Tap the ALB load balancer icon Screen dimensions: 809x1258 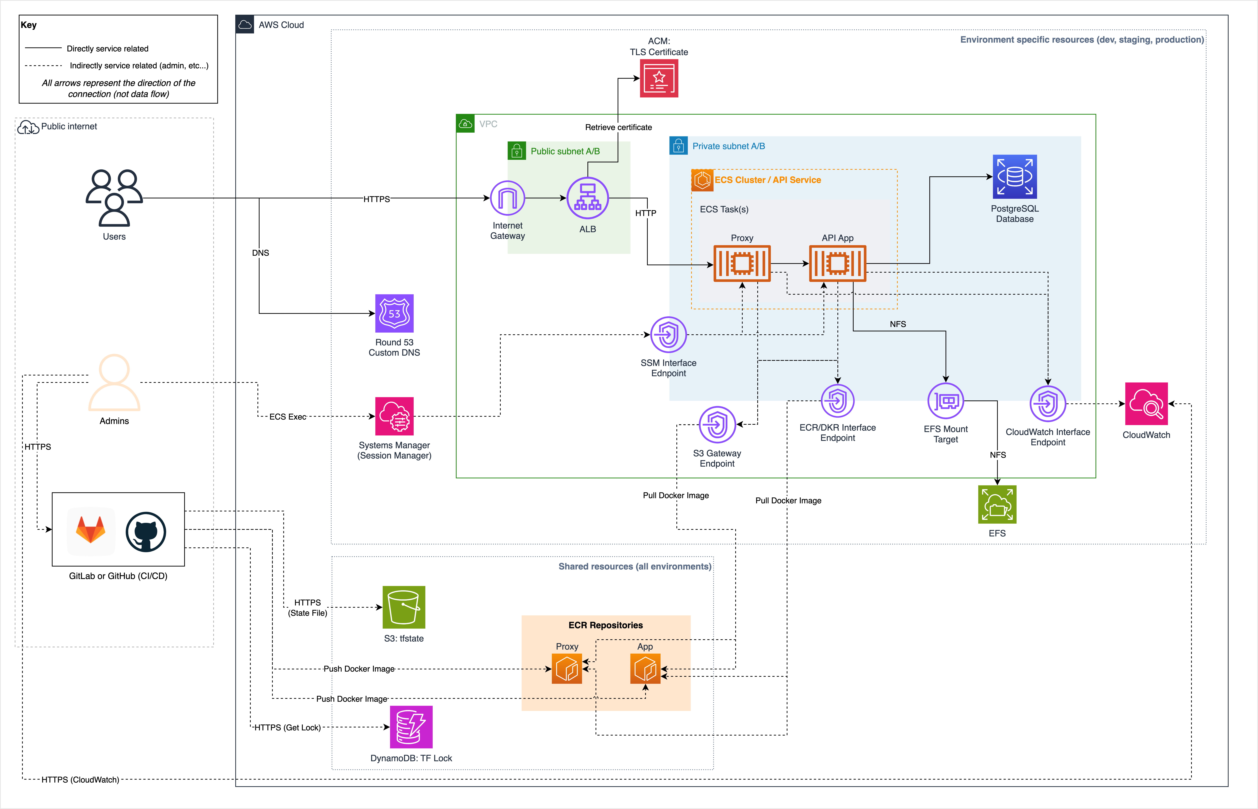[587, 198]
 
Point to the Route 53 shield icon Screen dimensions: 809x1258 [394, 314]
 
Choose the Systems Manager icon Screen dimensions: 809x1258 [394, 416]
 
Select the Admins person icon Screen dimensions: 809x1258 [114, 382]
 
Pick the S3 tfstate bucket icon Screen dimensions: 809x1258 [404, 607]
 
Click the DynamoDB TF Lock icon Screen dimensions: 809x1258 [411, 727]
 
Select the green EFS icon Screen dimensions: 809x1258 [997, 504]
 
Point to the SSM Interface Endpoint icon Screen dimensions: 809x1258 [668, 335]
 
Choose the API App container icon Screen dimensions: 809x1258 [838, 263]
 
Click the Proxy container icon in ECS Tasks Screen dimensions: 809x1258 [742, 263]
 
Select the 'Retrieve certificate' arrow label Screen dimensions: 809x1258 [618, 127]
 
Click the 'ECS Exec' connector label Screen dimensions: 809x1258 [287, 417]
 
